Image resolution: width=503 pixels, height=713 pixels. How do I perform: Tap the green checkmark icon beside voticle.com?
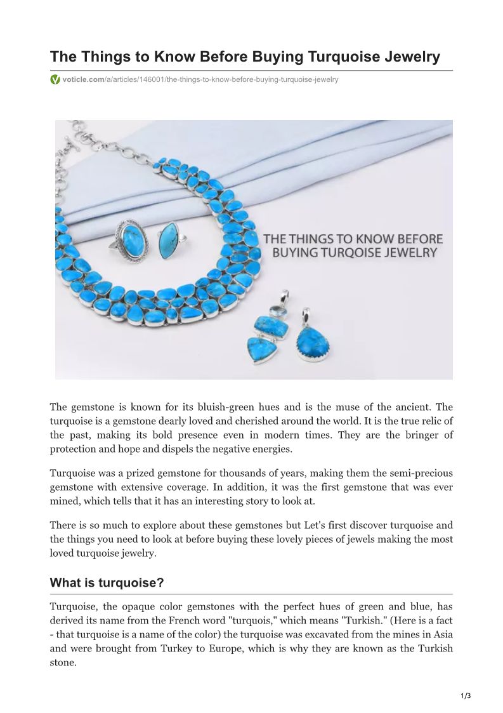coord(55,80)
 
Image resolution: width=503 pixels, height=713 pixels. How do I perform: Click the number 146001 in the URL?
coord(147,80)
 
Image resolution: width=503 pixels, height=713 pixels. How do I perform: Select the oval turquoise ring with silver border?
coord(133,238)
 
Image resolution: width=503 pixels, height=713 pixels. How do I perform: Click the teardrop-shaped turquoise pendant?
coord(313,341)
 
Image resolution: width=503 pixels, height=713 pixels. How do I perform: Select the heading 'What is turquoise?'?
coord(107,583)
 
